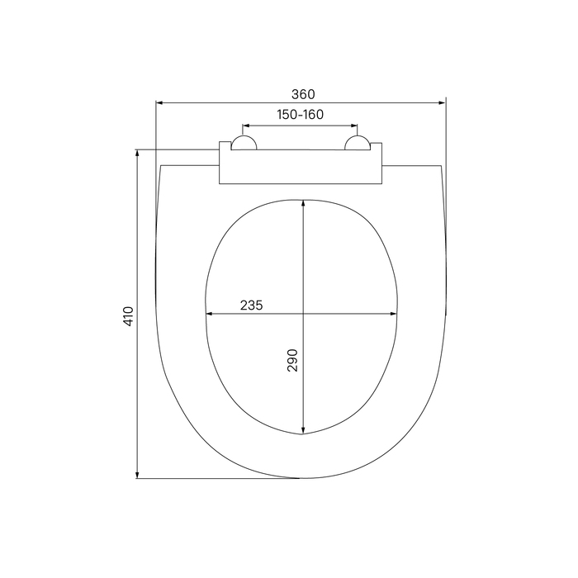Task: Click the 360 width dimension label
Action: [303, 94]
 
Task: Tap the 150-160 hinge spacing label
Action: [300, 115]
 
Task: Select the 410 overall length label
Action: [128, 316]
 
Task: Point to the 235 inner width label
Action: [251, 306]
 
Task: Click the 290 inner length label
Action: [292, 360]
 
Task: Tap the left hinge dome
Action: [244, 143]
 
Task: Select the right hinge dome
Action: [357, 143]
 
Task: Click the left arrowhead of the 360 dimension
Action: [159, 103]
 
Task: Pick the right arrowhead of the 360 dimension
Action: [442, 103]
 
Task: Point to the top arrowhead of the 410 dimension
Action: [137, 153]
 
